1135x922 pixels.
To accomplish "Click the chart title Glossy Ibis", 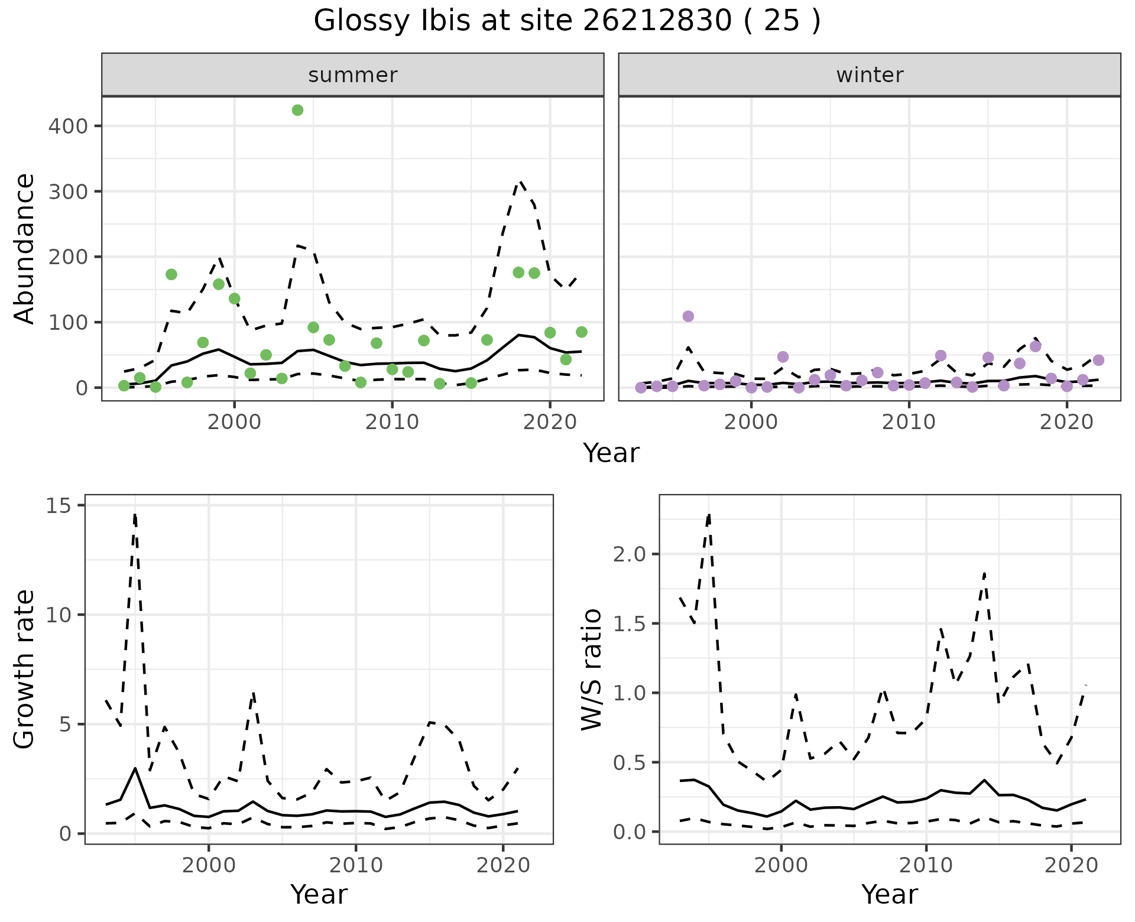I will click(566, 22).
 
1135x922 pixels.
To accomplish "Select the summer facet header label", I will click(352, 75).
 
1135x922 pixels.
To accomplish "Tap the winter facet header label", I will click(869, 75).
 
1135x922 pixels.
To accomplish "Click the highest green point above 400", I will click(297, 111).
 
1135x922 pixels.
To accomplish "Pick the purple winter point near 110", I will click(688, 316).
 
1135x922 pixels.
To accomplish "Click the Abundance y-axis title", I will click(25, 248).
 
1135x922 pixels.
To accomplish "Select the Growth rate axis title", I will click(25, 670).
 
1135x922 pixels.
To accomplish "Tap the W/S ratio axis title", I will click(592, 670).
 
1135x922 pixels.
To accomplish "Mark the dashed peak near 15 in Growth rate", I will click(135, 514).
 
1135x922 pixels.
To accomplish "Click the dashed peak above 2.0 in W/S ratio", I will click(709, 514).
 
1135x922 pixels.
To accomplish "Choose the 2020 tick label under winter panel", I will click(1066, 422).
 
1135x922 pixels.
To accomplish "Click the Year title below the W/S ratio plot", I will click(889, 895).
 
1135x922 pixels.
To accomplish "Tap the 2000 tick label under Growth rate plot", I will click(208, 865).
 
